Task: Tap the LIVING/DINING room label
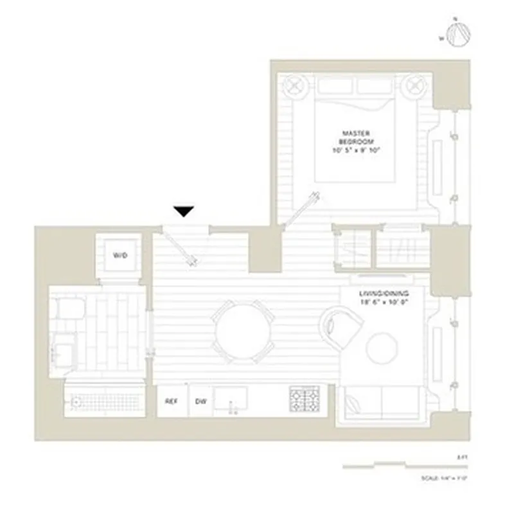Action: click(x=383, y=297)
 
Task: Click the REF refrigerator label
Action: click(x=171, y=402)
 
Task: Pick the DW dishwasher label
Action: click(x=201, y=402)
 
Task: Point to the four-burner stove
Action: click(x=304, y=400)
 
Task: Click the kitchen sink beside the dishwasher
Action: click(x=230, y=399)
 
